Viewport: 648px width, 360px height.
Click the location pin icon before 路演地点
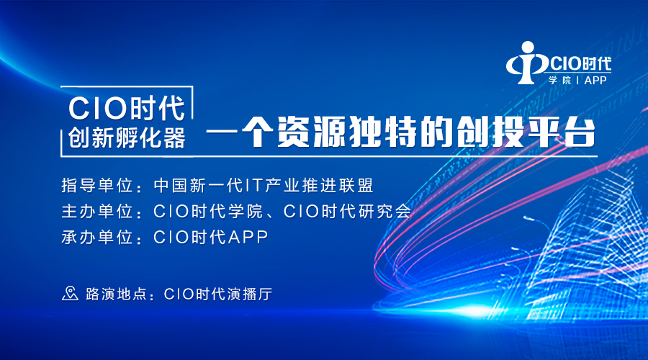point(70,294)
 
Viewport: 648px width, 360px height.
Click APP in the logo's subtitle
point(595,80)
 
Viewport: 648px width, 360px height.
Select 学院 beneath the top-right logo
point(559,80)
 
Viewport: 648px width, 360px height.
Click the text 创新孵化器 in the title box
point(127,138)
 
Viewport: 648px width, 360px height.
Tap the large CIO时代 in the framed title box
point(127,108)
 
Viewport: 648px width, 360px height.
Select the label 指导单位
point(97,186)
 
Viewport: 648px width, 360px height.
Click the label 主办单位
point(97,211)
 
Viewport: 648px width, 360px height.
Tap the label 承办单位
point(97,238)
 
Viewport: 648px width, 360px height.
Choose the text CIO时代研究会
point(347,211)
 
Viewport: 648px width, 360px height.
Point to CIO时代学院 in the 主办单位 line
point(208,211)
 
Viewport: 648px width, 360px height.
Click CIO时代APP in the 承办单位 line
point(211,238)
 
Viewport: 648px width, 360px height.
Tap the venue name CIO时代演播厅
point(218,294)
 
